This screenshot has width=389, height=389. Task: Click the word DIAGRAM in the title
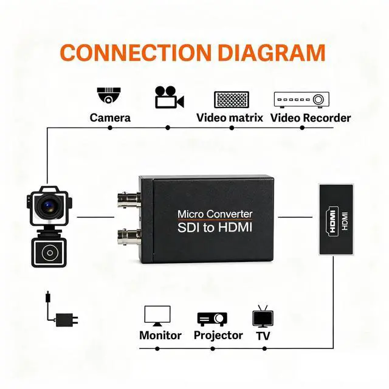(x=271, y=52)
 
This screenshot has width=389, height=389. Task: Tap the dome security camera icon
(x=109, y=95)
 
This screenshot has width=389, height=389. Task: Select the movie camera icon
(x=168, y=97)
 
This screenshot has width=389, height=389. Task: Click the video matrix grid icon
(x=232, y=100)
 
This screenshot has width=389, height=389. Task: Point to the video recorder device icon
(x=301, y=98)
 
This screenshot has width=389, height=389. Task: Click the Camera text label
(x=110, y=117)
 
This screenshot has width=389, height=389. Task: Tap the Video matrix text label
(x=230, y=117)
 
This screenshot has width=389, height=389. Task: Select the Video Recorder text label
(x=311, y=117)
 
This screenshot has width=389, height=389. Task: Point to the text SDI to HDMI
(x=215, y=229)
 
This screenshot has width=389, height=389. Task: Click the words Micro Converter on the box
(x=215, y=214)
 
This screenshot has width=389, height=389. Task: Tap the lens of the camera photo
(x=47, y=205)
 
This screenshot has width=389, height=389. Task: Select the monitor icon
(x=157, y=315)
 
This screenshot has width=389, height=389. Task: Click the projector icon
(x=212, y=318)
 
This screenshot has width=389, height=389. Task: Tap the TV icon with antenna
(x=262, y=317)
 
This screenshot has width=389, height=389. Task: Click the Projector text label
(x=218, y=336)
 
